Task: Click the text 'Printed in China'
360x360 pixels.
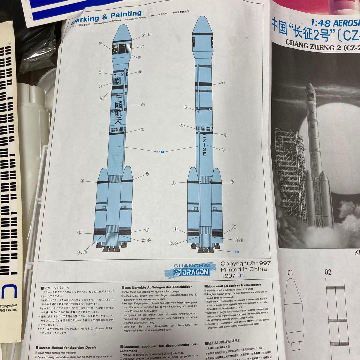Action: pyautogui.click(x=243, y=269)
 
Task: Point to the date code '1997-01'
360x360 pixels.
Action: pyautogui.click(x=233, y=276)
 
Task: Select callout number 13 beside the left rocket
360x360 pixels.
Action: pyautogui.click(x=100, y=43)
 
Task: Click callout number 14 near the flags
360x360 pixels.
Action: pyautogui.click(x=142, y=47)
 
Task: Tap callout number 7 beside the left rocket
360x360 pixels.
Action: pyautogui.click(x=143, y=105)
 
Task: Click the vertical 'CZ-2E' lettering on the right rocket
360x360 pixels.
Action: pyautogui.click(x=204, y=146)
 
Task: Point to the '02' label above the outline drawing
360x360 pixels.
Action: pyautogui.click(x=328, y=272)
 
